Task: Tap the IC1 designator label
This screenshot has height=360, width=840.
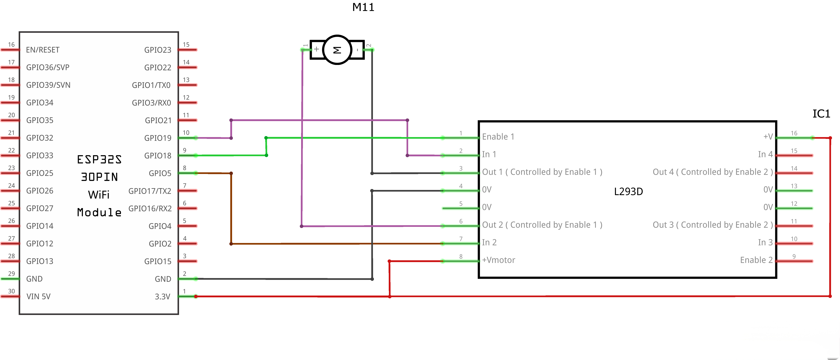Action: (821, 114)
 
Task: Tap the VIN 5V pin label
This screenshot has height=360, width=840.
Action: (39, 296)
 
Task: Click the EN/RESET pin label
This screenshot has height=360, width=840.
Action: (43, 50)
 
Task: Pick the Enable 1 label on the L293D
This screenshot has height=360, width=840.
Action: (498, 137)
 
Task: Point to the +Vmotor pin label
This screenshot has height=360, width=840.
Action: (499, 260)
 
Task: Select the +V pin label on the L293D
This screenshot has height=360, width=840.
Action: (768, 137)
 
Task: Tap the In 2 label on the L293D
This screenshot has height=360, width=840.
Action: (489, 242)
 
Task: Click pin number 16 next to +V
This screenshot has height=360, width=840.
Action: (794, 133)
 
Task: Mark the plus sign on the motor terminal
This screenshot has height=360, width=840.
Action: (316, 49)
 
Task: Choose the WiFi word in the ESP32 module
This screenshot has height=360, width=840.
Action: (99, 195)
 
